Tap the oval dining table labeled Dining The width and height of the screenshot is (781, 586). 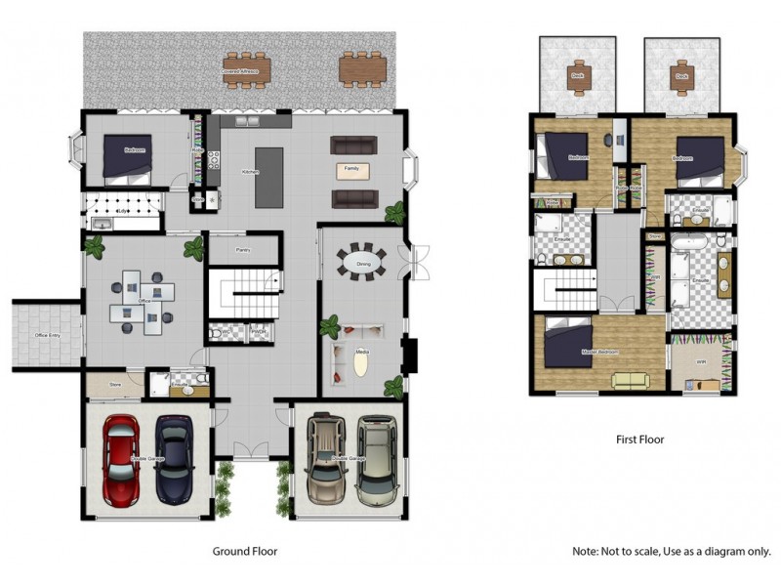[x=362, y=262]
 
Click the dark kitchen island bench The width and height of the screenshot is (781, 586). [x=268, y=177]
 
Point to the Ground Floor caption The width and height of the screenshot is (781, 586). [x=245, y=552]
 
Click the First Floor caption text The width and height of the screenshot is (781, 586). [x=639, y=439]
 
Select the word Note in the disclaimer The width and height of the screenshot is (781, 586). [x=585, y=552]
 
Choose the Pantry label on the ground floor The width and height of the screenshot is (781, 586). [x=244, y=250]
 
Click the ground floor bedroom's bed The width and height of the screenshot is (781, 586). [x=128, y=158]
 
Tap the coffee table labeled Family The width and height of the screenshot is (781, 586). [x=352, y=170]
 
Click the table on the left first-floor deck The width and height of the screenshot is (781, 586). [x=578, y=77]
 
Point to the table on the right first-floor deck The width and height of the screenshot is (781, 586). [x=679, y=77]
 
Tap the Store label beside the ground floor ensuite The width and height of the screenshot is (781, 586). [x=114, y=385]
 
